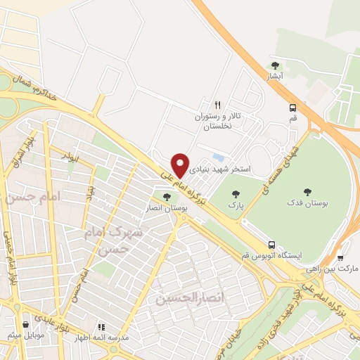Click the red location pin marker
click(181, 165)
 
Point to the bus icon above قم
click(292, 108)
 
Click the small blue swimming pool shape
click(219, 157)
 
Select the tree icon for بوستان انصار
click(166, 197)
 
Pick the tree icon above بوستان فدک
click(307, 191)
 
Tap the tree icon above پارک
click(234, 193)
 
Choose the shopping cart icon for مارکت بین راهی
click(340, 257)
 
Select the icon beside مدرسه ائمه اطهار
click(101, 327)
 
